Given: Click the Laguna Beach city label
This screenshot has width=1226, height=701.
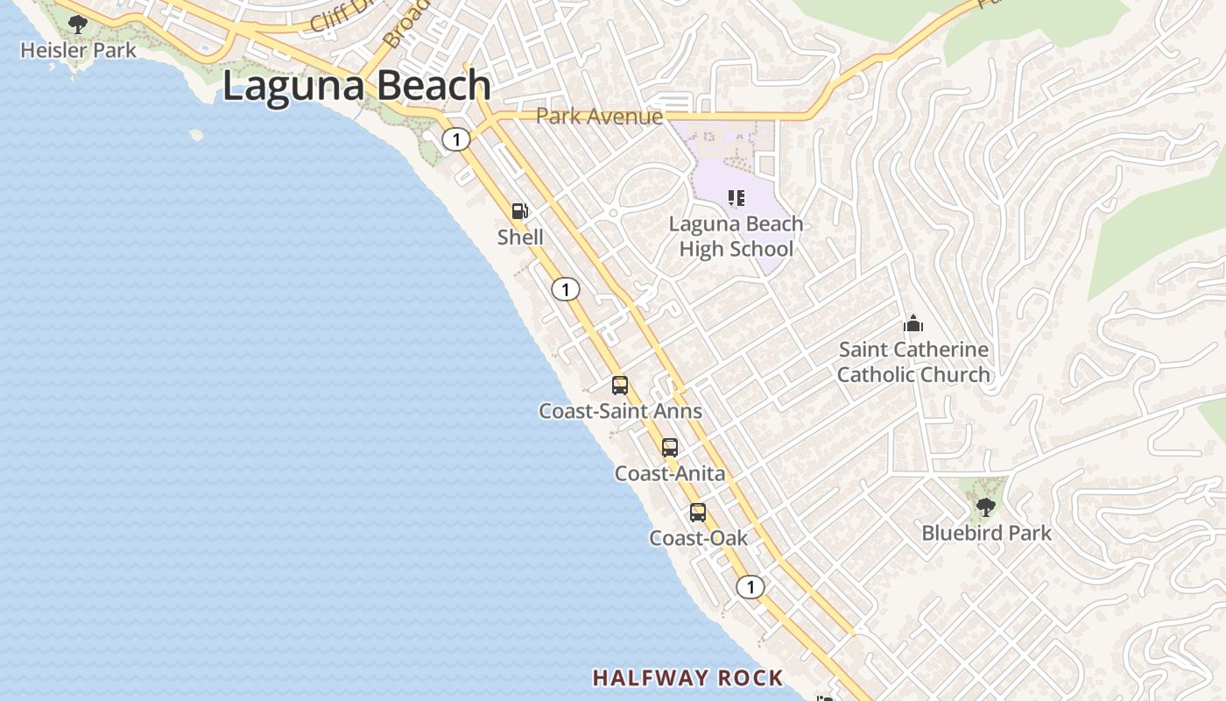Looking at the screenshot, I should point(356,86).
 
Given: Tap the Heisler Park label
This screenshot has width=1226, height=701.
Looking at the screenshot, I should point(79,50).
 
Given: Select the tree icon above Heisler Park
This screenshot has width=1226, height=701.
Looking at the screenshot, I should point(79,24).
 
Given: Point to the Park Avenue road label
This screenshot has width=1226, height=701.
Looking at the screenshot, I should point(599,116).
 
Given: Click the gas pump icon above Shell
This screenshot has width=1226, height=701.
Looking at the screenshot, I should point(520,211).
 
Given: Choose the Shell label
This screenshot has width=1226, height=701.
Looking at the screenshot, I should point(520,237).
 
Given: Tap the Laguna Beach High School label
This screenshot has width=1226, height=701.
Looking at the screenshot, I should point(736,237).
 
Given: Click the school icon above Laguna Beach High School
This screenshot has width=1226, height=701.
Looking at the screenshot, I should point(736,198).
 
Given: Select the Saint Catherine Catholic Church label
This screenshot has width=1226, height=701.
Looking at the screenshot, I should point(913,362).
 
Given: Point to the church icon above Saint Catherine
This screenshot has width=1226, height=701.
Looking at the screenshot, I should point(913,324).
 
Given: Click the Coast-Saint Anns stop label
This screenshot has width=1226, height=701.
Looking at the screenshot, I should point(620,410).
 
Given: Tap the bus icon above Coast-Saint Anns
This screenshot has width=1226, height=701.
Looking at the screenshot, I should point(620,385).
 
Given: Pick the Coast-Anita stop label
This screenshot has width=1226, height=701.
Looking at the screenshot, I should point(670,473).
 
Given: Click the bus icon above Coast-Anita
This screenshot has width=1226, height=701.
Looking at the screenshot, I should point(670,448).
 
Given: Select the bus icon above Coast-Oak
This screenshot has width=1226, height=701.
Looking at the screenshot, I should point(698,513).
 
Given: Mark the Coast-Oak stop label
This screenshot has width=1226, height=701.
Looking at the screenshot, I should point(698,537).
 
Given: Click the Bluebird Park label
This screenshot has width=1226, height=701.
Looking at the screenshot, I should point(987,533).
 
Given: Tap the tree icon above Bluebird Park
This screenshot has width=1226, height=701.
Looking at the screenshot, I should point(986,506).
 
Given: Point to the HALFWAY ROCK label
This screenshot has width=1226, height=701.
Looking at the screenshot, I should point(687,677).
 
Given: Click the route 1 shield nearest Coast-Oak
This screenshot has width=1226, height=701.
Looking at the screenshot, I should point(750,587).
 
